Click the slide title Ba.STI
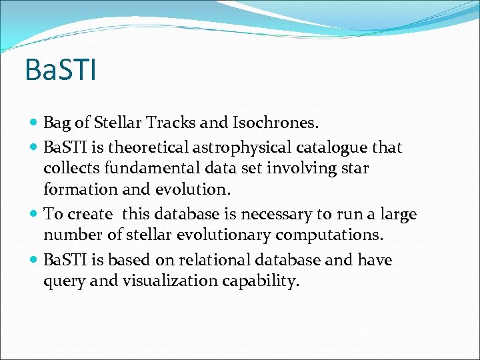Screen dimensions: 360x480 [x=60, y=70]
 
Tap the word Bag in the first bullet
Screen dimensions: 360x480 [x=57, y=123]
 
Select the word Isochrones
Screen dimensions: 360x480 [x=279, y=123]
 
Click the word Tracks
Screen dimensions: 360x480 [x=190, y=123]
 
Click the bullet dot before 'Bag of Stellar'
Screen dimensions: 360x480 [x=34, y=123]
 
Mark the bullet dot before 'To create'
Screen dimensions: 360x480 [x=34, y=214]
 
